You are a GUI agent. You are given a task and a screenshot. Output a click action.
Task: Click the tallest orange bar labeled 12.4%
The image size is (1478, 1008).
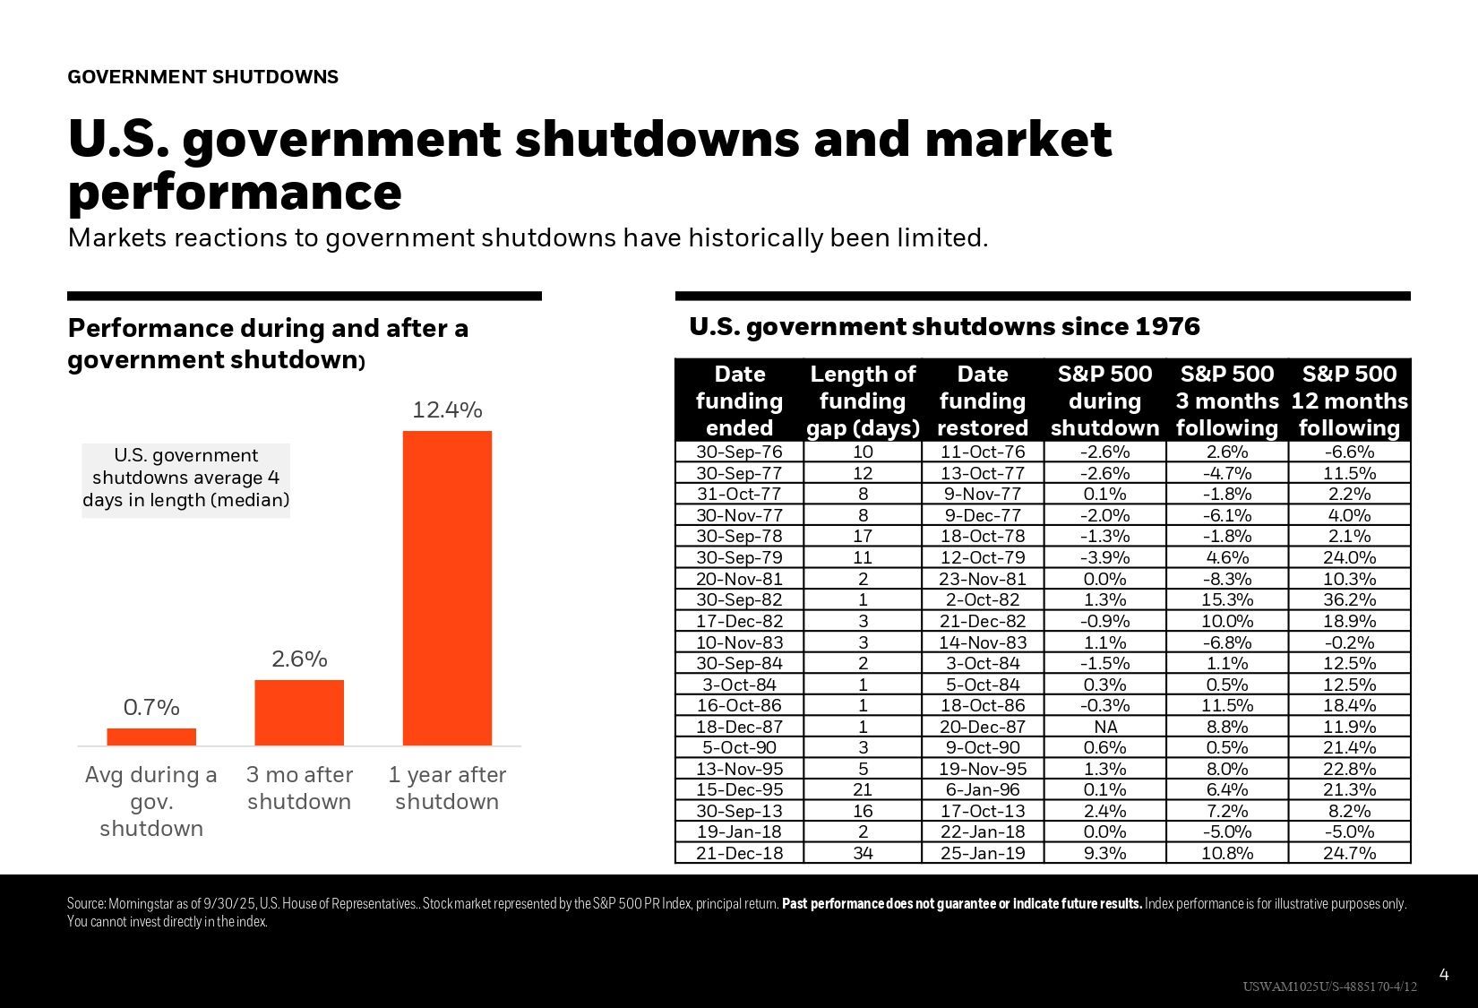click(x=447, y=588)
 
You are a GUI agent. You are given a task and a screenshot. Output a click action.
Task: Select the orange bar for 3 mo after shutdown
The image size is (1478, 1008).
click(x=299, y=712)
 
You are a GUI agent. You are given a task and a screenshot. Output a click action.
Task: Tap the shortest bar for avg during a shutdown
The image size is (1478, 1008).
click(x=151, y=737)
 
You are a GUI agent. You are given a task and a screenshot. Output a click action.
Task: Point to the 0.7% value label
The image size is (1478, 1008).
click(x=151, y=708)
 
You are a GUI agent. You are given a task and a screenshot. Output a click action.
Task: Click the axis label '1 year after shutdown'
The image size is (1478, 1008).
click(x=447, y=788)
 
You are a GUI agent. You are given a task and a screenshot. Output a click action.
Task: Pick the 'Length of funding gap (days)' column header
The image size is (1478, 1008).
click(x=863, y=401)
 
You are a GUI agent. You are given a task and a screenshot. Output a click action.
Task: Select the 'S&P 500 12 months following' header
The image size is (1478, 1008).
click(x=1349, y=401)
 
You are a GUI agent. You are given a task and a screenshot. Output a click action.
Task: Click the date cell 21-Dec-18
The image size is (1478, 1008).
click(x=739, y=853)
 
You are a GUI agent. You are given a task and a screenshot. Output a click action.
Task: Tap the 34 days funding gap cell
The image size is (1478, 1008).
click(x=863, y=853)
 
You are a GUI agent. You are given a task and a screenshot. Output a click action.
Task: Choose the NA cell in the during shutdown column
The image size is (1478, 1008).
click(x=1104, y=727)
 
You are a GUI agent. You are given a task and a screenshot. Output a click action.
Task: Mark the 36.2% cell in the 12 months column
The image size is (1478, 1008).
click(x=1349, y=599)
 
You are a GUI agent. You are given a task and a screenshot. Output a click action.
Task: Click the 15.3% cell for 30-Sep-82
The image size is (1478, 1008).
click(x=1226, y=599)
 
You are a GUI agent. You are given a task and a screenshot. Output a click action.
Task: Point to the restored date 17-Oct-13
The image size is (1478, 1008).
click(x=983, y=811)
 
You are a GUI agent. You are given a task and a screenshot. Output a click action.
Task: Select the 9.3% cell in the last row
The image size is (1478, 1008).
click(x=1104, y=853)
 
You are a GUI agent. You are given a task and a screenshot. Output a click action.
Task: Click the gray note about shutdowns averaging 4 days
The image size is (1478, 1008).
click(x=186, y=478)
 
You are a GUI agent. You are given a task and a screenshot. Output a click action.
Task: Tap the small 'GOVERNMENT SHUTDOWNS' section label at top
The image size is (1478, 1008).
click(x=202, y=77)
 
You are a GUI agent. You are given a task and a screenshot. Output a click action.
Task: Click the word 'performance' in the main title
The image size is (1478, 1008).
click(x=235, y=193)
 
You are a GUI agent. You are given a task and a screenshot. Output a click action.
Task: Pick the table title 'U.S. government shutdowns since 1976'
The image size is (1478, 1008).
click(x=944, y=327)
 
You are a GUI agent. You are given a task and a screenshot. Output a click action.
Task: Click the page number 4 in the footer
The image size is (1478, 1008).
click(x=1443, y=974)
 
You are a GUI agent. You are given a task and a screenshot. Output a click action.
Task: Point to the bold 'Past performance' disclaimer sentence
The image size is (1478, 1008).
click(x=962, y=903)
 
